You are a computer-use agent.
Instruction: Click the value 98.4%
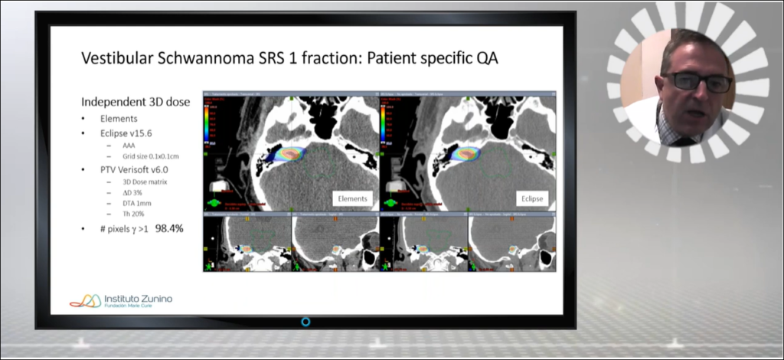tap(169, 228)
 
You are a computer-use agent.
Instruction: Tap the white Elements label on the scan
tap(352, 198)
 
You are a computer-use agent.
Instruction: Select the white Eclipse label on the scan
tap(531, 198)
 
